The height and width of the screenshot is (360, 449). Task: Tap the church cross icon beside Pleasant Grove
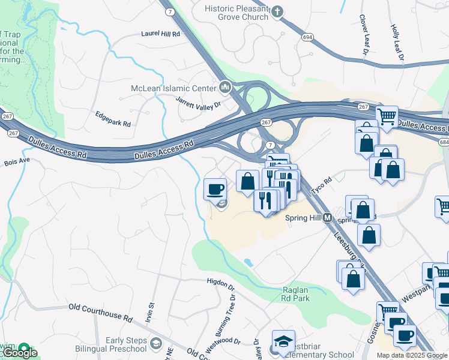277,11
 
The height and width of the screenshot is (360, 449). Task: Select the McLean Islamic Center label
173,89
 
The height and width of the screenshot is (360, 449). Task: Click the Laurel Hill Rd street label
160,34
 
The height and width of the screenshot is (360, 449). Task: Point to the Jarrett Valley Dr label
198,102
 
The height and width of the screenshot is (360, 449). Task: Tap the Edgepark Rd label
113,119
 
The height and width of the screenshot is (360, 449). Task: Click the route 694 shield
307,37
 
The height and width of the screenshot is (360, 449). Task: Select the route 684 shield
443,142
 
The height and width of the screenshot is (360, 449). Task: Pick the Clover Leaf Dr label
364,37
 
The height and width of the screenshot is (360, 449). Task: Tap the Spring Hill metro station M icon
328,218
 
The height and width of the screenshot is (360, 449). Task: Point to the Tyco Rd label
321,185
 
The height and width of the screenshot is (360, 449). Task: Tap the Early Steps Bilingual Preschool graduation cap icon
156,344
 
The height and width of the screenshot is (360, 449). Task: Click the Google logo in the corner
19,353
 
